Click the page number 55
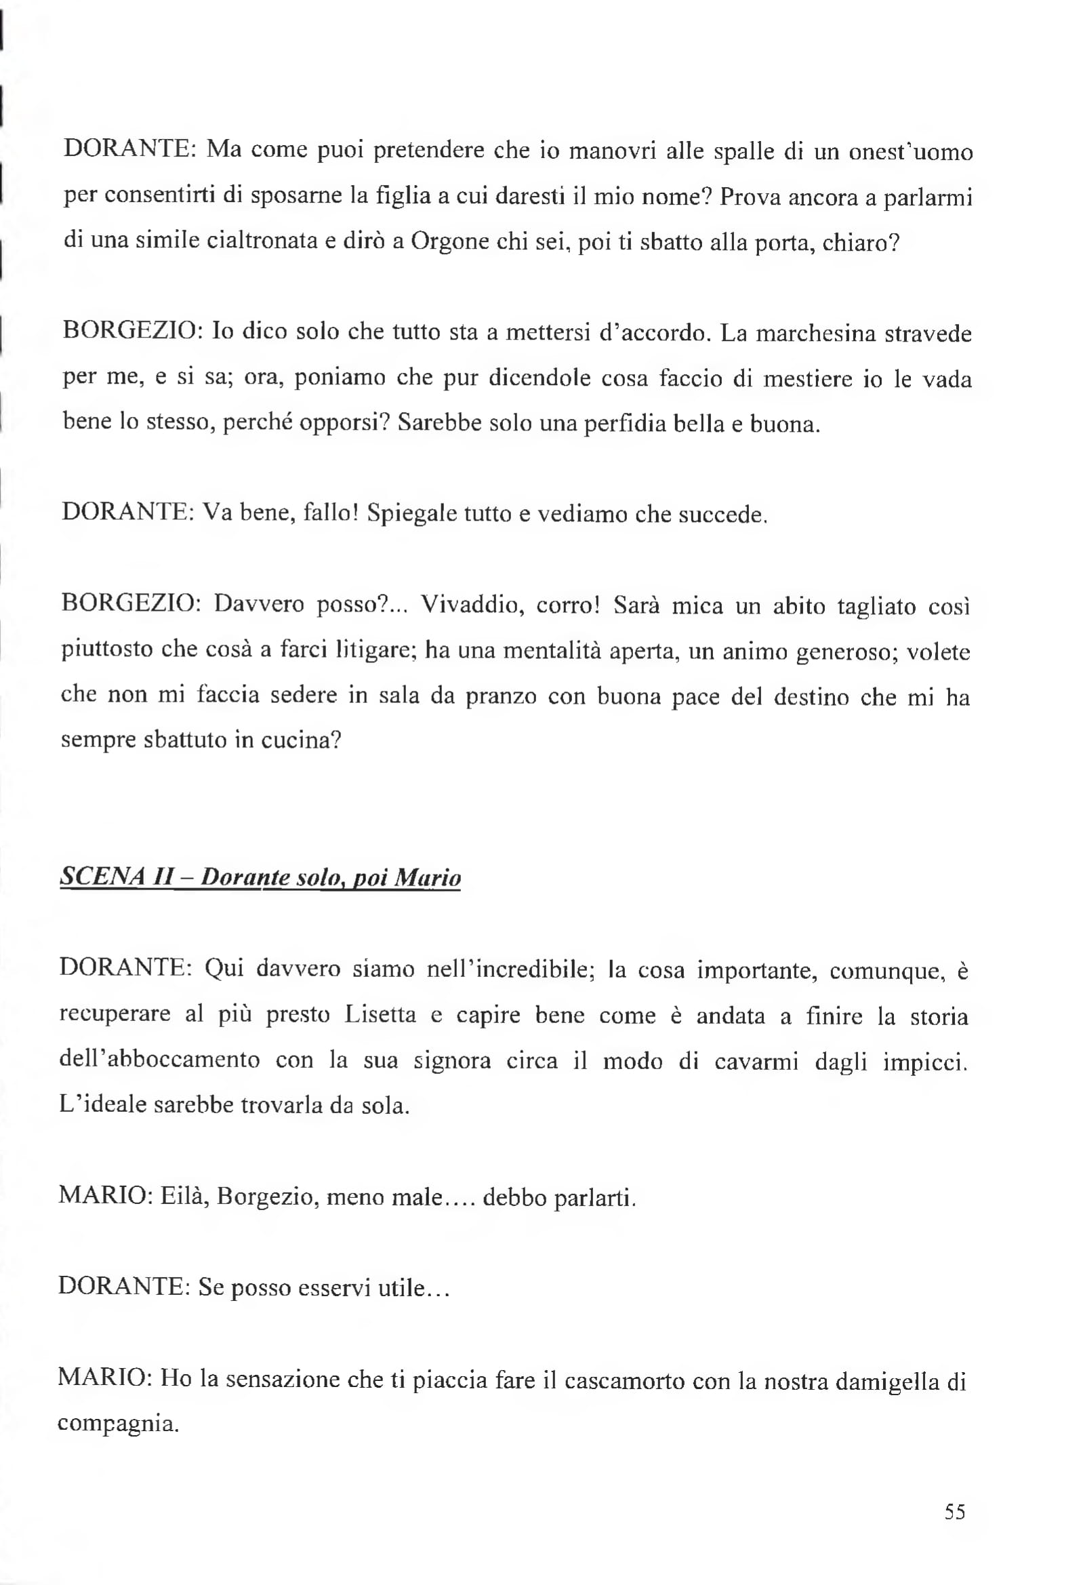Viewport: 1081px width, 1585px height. tap(954, 1512)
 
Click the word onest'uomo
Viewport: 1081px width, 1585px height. tap(910, 151)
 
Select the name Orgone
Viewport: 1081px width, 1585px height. tap(451, 243)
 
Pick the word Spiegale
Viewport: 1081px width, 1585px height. tap(411, 514)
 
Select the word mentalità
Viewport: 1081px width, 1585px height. tap(552, 651)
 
